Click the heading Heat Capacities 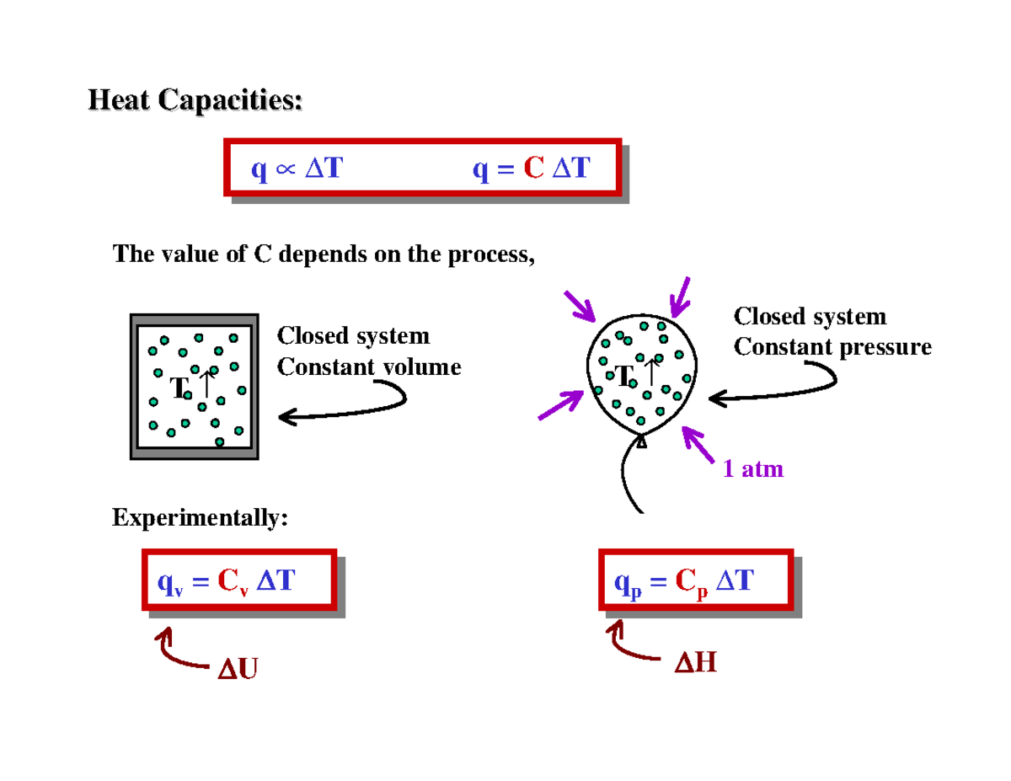tap(195, 101)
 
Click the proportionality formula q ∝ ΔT tap(297, 169)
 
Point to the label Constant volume tap(369, 367)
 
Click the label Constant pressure tap(832, 346)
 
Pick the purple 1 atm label tap(753, 469)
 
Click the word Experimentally tap(200, 517)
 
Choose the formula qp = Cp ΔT tap(683, 580)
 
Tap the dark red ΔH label tap(695, 664)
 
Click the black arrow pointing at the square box tap(341, 406)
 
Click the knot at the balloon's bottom tap(641, 441)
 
